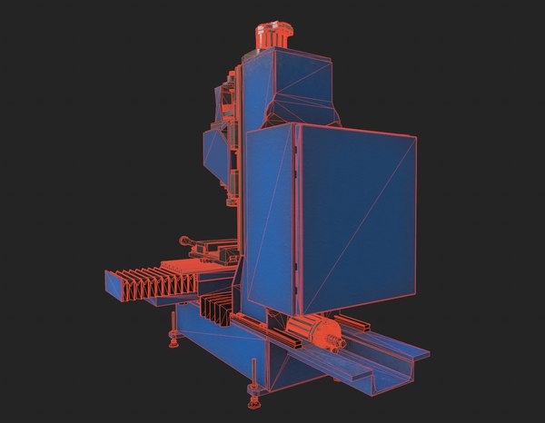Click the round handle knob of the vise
(184, 241)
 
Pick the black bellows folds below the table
(218, 309)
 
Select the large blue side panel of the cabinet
(354, 213)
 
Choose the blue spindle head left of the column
(218, 150)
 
